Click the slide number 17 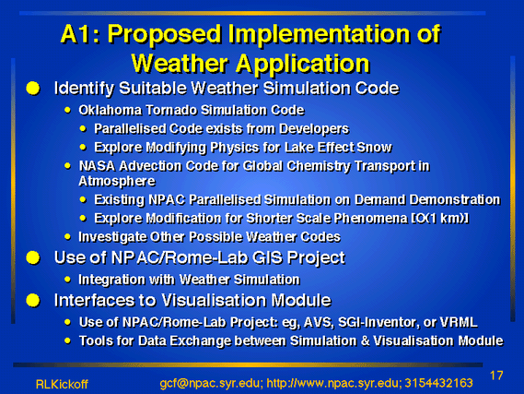pyautogui.click(x=496, y=376)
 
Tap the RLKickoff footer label pyautogui.click(x=62, y=384)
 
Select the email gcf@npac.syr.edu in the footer pyautogui.click(x=209, y=383)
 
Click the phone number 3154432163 pyautogui.click(x=438, y=383)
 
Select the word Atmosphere pyautogui.click(x=117, y=181)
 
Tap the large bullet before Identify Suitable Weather pyautogui.click(x=33, y=89)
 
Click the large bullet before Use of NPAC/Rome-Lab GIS pyautogui.click(x=33, y=257)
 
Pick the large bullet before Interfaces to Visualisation pyautogui.click(x=33, y=300)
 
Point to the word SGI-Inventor pyautogui.click(x=378, y=322)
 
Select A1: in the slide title pyautogui.click(x=80, y=34)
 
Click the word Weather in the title pyautogui.click(x=180, y=63)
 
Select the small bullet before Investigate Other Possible pyautogui.click(x=67, y=236)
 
